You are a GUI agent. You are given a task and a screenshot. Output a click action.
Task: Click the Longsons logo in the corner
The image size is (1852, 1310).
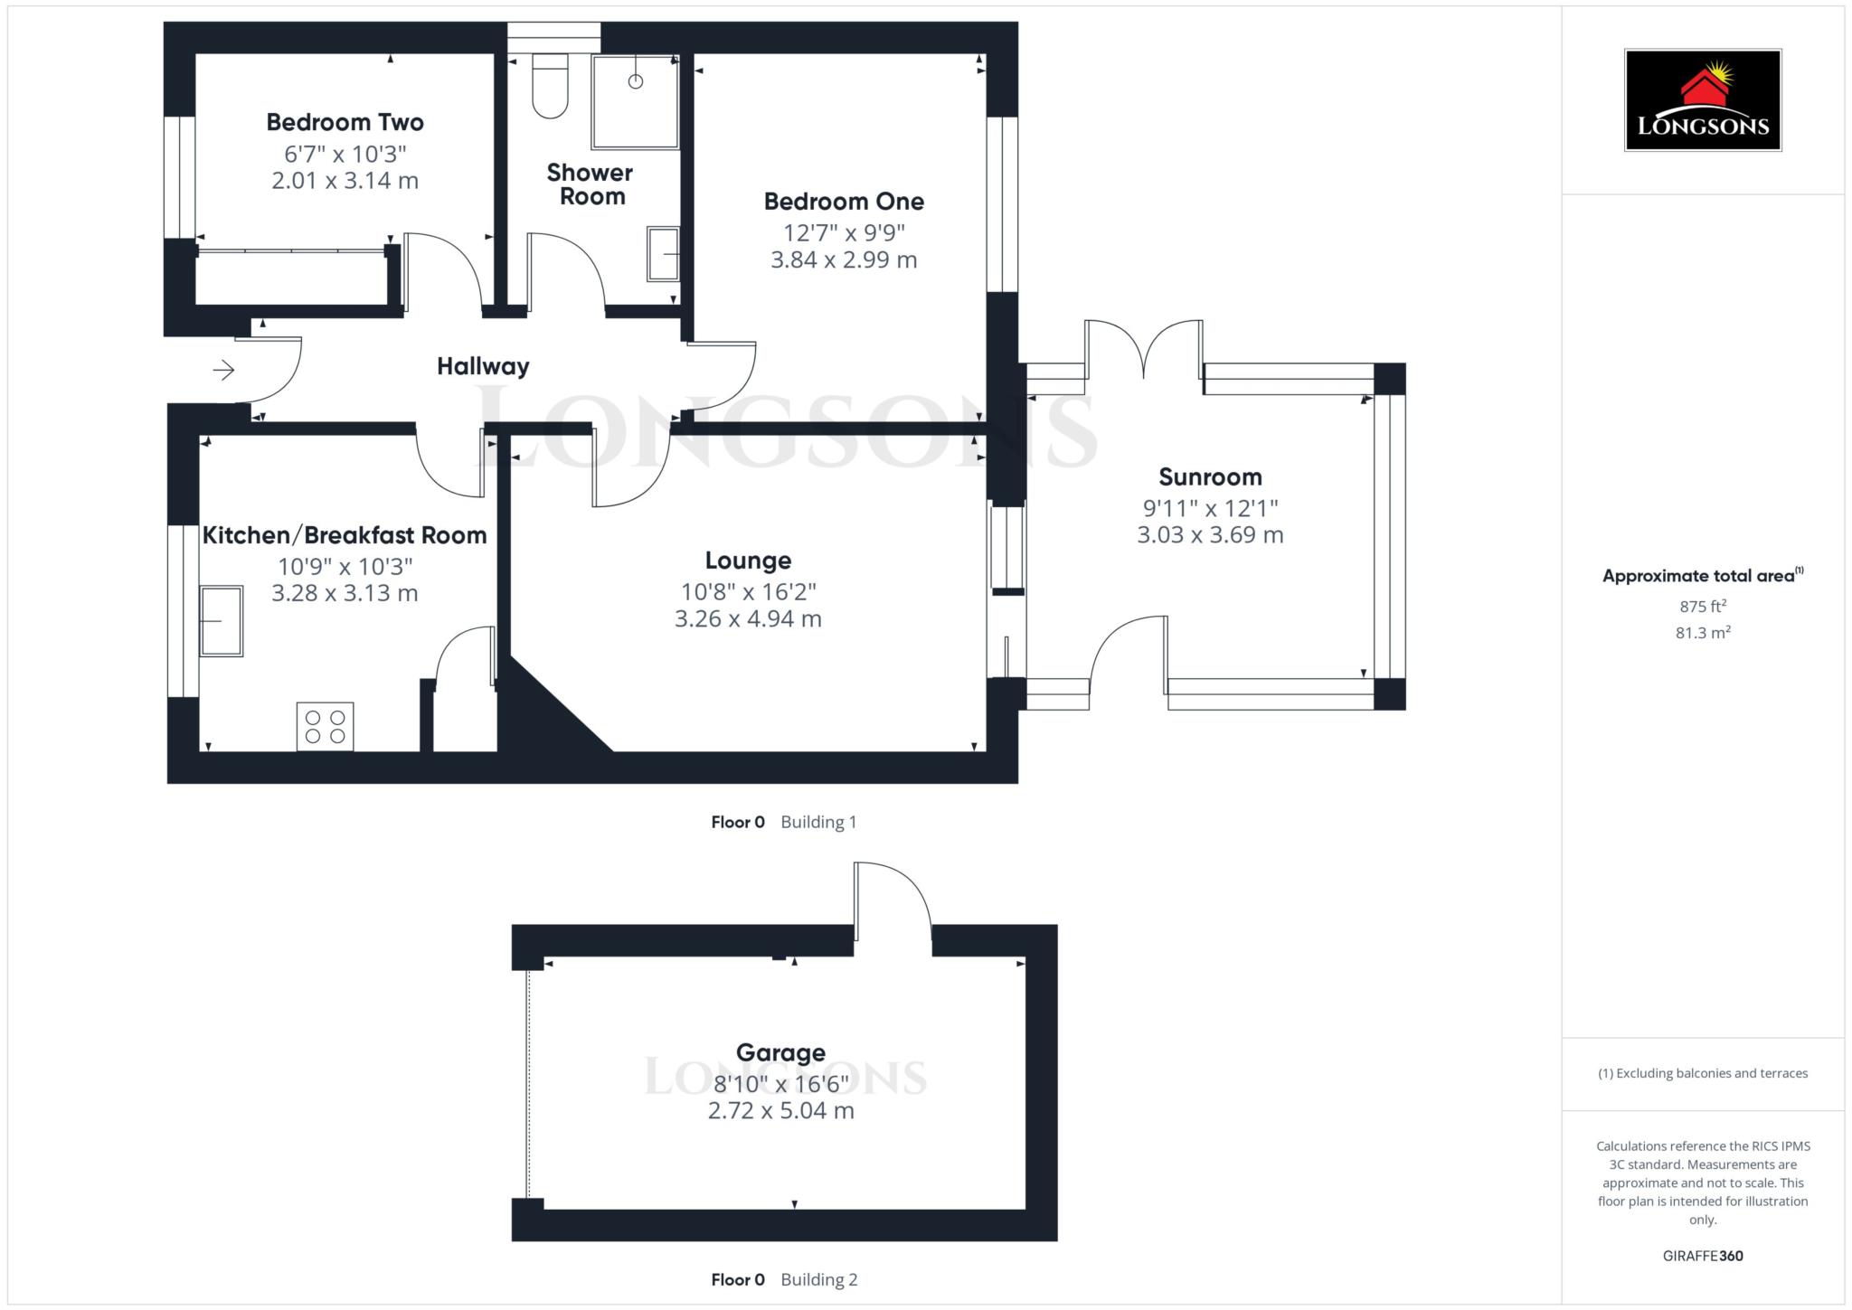[x=1702, y=100]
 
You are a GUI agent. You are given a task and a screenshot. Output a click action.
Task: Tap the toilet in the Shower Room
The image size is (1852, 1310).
[x=550, y=88]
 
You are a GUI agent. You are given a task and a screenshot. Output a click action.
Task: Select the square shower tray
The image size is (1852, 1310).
[x=635, y=101]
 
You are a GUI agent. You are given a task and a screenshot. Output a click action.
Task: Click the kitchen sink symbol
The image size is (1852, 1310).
[x=221, y=620]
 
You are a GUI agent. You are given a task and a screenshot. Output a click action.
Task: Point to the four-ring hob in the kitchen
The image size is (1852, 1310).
[x=325, y=727]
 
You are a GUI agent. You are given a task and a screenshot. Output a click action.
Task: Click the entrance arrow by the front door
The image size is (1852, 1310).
[x=223, y=370]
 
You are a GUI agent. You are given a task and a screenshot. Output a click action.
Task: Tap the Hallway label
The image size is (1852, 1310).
[x=483, y=366]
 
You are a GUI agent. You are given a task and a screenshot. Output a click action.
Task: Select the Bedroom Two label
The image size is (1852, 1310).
[x=345, y=122]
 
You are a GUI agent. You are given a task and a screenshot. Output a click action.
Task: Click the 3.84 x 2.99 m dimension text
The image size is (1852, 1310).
[x=843, y=260]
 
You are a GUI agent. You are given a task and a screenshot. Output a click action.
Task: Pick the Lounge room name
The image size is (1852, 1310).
[x=748, y=561]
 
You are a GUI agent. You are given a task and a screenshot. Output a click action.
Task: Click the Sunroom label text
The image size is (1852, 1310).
[x=1209, y=477]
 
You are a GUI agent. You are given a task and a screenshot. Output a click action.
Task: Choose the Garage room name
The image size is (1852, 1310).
[x=780, y=1052]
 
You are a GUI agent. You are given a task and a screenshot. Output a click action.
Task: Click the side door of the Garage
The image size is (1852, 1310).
[x=892, y=909]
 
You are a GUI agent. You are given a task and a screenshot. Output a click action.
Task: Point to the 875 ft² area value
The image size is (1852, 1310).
[x=1702, y=606]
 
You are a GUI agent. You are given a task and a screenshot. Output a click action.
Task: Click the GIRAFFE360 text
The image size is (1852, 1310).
[x=1702, y=1256]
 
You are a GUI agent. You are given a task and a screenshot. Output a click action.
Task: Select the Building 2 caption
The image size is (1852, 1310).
[x=818, y=1279]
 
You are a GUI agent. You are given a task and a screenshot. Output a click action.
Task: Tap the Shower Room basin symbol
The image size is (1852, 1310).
[x=663, y=254]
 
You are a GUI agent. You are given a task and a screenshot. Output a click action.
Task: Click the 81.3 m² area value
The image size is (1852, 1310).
[x=1702, y=633]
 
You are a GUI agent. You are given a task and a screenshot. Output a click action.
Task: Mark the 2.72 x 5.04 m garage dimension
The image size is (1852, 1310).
[x=780, y=1111]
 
